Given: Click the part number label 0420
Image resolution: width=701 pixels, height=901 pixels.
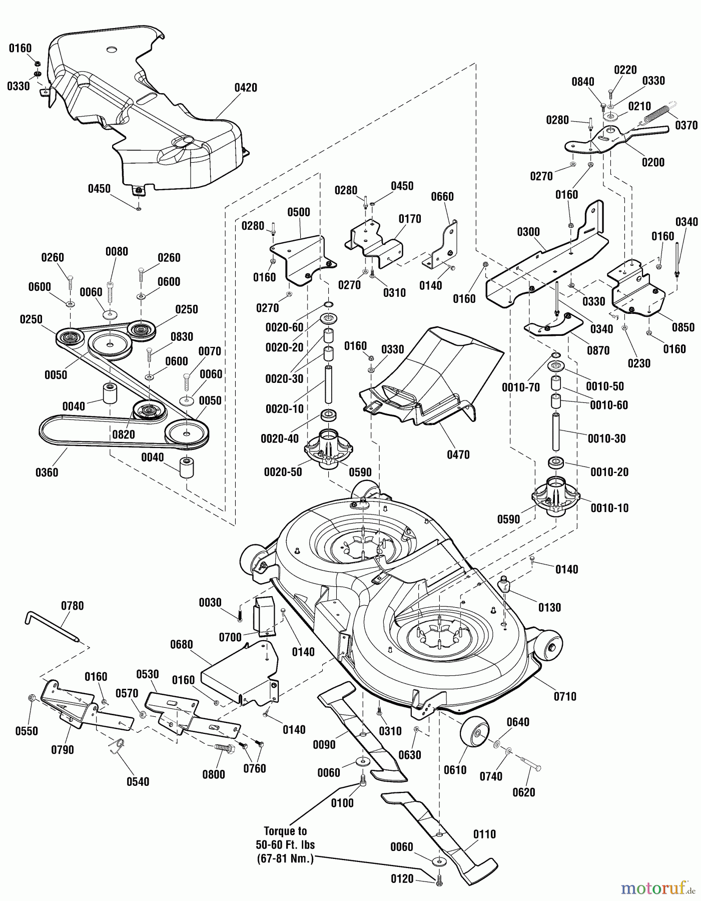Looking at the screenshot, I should (246, 88).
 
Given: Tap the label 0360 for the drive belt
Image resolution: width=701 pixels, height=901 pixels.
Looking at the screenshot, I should (47, 472).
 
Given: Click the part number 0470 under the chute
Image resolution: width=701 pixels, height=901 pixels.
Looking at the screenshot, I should (458, 455).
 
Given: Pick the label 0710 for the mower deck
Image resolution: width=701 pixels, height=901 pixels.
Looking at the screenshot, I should (565, 696).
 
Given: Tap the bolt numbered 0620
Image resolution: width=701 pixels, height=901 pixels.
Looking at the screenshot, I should (531, 766).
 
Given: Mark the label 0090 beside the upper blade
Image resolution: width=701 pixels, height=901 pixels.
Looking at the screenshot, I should (324, 744).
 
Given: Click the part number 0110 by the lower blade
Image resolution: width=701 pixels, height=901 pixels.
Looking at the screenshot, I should (484, 834).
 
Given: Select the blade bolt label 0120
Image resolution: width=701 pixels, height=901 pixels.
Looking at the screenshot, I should (401, 879).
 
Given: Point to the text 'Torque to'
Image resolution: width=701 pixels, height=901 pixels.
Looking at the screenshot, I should (286, 831).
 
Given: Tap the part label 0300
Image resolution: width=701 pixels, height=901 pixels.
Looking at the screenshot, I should (528, 231).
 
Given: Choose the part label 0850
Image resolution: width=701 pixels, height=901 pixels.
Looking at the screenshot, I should (683, 327).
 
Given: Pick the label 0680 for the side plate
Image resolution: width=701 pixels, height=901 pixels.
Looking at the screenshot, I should (181, 644).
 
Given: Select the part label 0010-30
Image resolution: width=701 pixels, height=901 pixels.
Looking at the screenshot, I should (606, 438).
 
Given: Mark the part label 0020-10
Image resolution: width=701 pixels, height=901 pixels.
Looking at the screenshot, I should (284, 409).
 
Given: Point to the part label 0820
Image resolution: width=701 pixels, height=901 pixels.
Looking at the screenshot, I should (123, 434).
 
